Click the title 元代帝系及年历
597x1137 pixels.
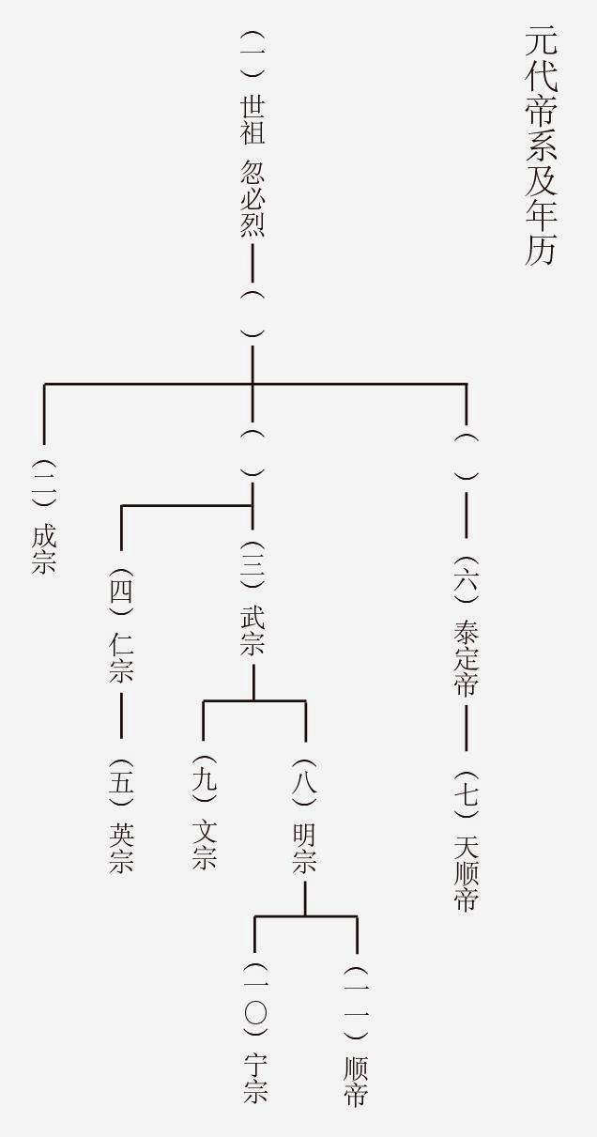tap(540, 146)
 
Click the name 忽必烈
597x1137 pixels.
tap(253, 198)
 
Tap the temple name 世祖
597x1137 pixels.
tap(253, 118)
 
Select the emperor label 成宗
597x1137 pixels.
tap(44, 549)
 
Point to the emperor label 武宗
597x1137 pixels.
tap(253, 630)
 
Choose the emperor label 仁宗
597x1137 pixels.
tap(122, 657)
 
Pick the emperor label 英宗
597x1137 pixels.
tap(122, 848)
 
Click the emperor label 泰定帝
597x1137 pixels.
tap(467, 656)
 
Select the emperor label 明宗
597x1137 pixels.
tap(304, 849)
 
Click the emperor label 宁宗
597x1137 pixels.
tap(254, 1078)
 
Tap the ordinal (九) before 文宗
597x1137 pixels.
tap(204, 778)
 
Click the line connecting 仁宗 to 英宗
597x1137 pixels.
tap(122, 715)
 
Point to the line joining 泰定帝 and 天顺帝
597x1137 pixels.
tap(467, 726)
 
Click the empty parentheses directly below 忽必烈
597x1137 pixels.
tap(253, 314)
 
